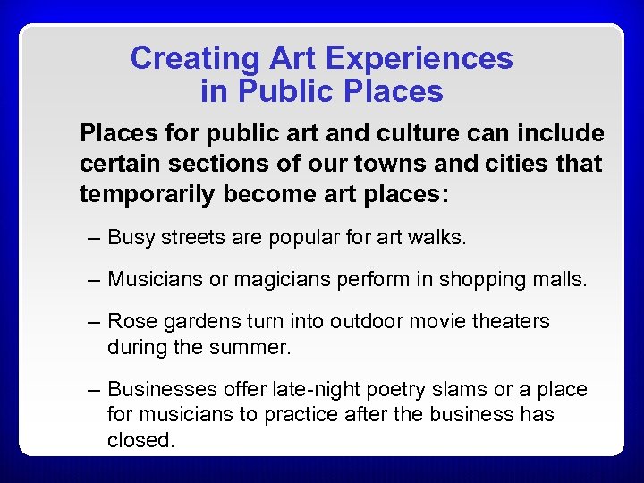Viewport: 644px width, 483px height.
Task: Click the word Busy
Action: (x=131, y=238)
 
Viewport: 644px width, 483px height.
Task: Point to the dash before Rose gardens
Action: (x=94, y=320)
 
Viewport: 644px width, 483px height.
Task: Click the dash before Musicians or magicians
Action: (x=94, y=279)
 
